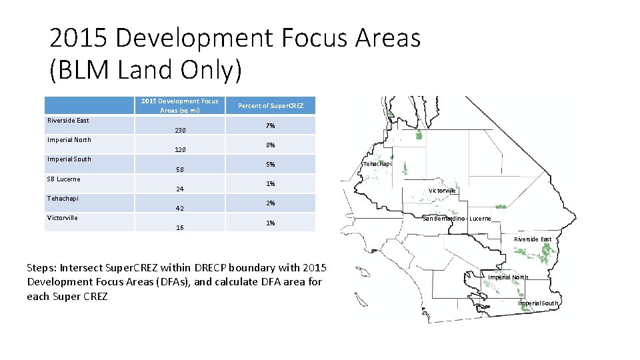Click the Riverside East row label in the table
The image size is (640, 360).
(68, 121)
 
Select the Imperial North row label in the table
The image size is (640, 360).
(69, 140)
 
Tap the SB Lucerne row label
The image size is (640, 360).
(63, 179)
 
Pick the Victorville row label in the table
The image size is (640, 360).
(62, 218)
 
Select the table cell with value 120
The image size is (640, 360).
(180, 150)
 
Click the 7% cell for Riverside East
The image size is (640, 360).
(271, 126)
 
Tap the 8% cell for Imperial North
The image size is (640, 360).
(271, 145)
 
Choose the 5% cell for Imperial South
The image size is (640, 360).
(271, 165)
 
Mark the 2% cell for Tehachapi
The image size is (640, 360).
(271, 203)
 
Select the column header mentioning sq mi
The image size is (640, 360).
(179, 106)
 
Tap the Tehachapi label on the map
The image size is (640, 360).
(377, 164)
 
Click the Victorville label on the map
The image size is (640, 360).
(442, 191)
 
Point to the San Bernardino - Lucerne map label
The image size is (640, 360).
(457, 219)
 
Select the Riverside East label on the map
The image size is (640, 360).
(532, 239)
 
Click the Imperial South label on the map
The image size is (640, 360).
(538, 303)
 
